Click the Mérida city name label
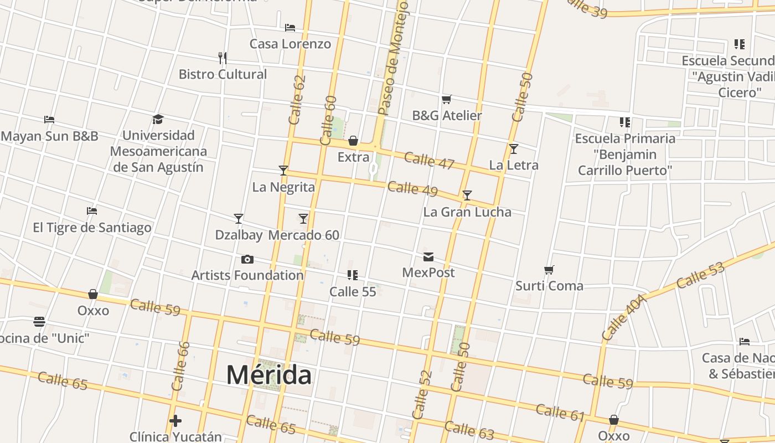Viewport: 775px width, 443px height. tap(269, 375)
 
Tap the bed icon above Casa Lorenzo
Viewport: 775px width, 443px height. tap(290, 27)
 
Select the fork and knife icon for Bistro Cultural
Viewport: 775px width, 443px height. tap(223, 58)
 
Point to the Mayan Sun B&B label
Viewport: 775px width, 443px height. tap(50, 136)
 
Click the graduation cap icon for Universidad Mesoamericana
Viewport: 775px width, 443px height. tap(158, 119)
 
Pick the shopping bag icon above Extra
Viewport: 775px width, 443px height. tap(353, 141)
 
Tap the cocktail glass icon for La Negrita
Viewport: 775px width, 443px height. tap(283, 171)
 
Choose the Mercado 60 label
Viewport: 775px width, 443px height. tap(304, 235)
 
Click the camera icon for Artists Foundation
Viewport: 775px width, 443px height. tap(247, 259)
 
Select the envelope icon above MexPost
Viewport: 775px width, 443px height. tap(428, 256)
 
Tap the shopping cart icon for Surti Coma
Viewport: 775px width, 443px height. tap(549, 270)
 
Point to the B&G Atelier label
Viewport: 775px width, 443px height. tap(447, 116)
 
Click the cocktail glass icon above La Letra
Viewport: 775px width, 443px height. tap(514, 148)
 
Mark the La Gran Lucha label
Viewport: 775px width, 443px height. tap(467, 212)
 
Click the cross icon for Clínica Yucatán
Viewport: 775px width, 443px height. tap(175, 421)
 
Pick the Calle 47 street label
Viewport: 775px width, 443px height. tap(429, 161)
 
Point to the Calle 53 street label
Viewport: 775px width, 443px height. tap(700, 276)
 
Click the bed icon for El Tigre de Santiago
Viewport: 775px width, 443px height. tap(92, 211)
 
